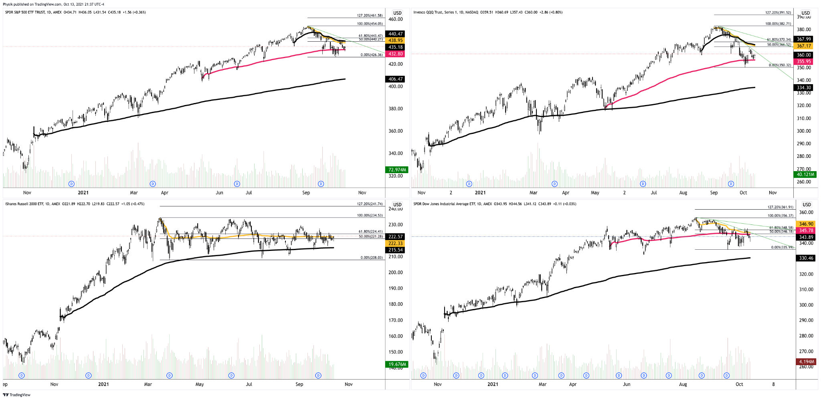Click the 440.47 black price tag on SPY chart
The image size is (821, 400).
pyautogui.click(x=395, y=34)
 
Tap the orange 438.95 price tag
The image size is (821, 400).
pyautogui.click(x=395, y=40)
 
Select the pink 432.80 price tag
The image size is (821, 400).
pyautogui.click(x=395, y=54)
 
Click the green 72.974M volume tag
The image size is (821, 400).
pyautogui.click(x=396, y=170)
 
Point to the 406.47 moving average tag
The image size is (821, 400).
pyautogui.click(x=395, y=79)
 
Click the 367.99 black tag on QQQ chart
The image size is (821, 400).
pyautogui.click(x=803, y=39)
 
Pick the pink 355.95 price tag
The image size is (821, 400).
pyautogui.click(x=803, y=62)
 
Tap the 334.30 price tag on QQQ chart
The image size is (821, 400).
pyautogui.click(x=803, y=88)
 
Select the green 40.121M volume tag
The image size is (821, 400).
pyautogui.click(x=805, y=175)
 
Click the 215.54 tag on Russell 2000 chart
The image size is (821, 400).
pyautogui.click(x=395, y=250)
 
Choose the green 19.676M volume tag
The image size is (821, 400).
pyautogui.click(x=396, y=364)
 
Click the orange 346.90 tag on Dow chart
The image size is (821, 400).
pyautogui.click(x=806, y=224)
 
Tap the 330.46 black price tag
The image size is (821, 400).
pyautogui.click(x=806, y=258)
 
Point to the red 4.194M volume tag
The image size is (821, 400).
pyautogui.click(x=806, y=362)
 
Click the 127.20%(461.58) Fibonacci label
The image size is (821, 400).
pyautogui.click(x=370, y=16)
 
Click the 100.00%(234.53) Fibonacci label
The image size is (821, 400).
pyautogui.click(x=370, y=215)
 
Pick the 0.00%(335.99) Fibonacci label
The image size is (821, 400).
pyautogui.click(x=782, y=247)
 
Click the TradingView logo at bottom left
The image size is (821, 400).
pyautogui.click(x=17, y=395)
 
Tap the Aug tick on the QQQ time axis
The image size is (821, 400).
pyautogui.click(x=683, y=193)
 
